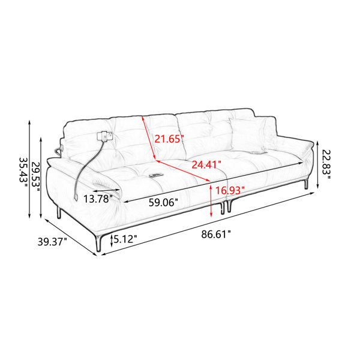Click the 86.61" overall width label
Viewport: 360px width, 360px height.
[x=216, y=235]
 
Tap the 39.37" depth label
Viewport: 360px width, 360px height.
[x=52, y=242]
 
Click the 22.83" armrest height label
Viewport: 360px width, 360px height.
[x=326, y=164]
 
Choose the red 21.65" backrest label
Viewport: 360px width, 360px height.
[x=169, y=139]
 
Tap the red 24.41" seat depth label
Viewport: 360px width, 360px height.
[x=206, y=164]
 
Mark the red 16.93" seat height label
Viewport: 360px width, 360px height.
[x=230, y=190]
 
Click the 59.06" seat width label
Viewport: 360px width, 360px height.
[x=163, y=202]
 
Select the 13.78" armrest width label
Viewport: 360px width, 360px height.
[x=98, y=199]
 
